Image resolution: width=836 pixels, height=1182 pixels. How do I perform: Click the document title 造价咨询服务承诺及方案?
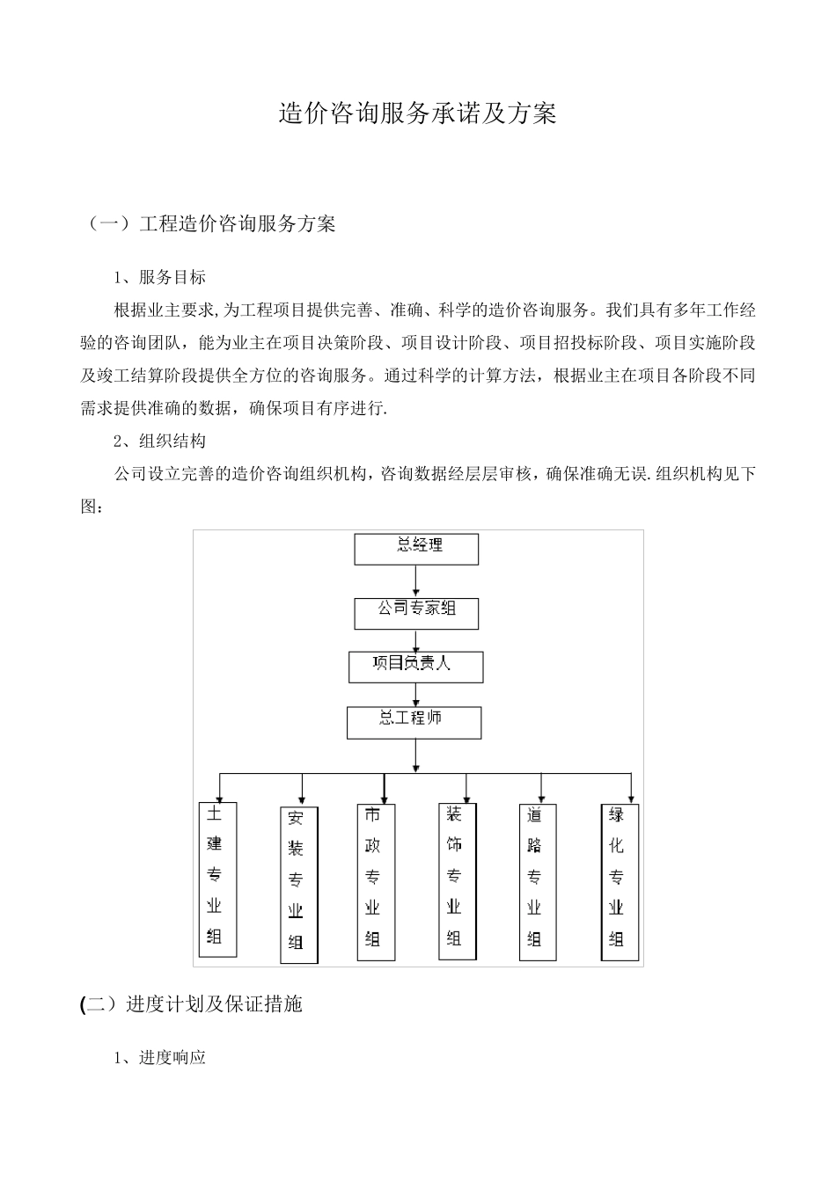coord(417,113)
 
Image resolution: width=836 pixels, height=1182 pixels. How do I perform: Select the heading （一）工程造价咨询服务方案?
coord(210,223)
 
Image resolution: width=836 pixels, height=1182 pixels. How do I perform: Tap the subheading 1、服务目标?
coord(160,277)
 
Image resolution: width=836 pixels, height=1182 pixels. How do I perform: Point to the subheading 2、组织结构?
coord(160,441)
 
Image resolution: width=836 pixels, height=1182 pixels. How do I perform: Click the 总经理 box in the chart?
coord(416,549)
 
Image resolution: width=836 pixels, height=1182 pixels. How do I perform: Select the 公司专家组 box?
coord(416,613)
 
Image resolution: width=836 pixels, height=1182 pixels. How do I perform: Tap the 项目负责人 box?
coord(415,667)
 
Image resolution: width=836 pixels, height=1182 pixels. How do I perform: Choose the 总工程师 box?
coord(414,722)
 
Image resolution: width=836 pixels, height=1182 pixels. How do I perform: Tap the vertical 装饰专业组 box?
coord(455,880)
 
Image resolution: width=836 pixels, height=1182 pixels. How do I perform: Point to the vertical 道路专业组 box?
coord(536,881)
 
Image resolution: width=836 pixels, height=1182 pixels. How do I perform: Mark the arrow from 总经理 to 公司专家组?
coord(416,581)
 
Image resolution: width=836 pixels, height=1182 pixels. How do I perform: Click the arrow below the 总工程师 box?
coord(415,755)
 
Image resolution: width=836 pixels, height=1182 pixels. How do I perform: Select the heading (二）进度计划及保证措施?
coord(191,1003)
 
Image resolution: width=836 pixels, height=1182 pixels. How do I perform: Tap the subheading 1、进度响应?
coord(160,1057)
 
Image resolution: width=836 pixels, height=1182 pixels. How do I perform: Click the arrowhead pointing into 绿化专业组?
coord(630,795)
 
